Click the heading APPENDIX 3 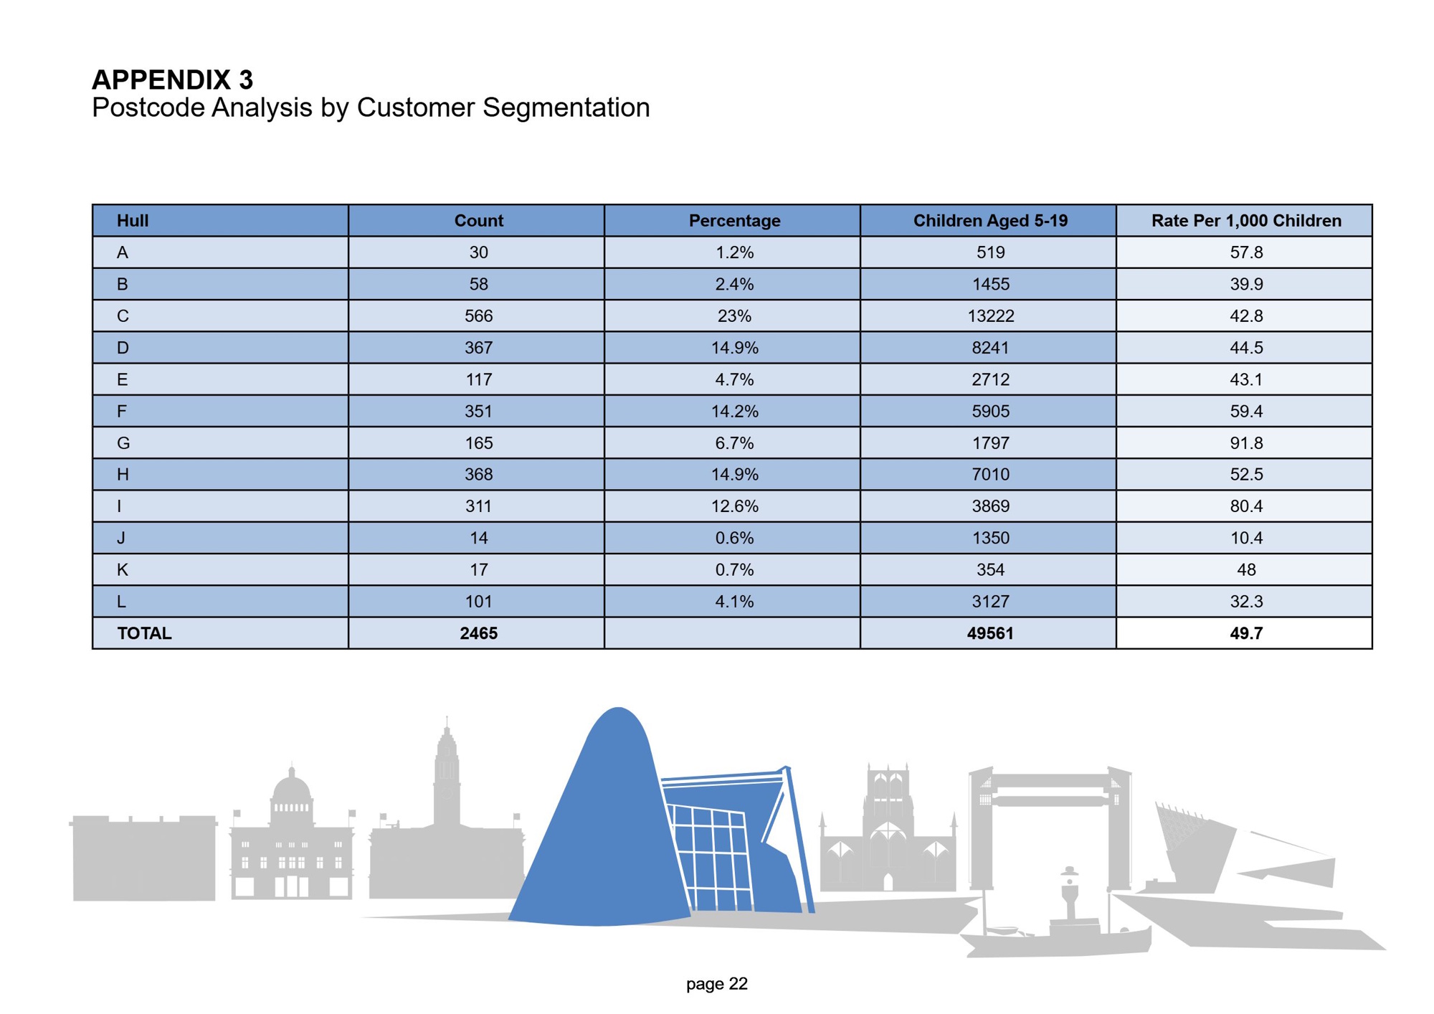[x=172, y=80]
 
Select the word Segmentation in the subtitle [x=566, y=108]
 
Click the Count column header [x=478, y=221]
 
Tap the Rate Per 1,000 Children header [x=1245, y=221]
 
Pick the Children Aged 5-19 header [x=989, y=221]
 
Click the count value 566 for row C [x=478, y=316]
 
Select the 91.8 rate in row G [x=1245, y=443]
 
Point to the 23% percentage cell [x=734, y=316]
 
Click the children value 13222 [x=989, y=316]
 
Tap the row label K [x=123, y=570]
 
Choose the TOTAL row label [x=144, y=634]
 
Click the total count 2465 [x=478, y=634]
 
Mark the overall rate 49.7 [x=1245, y=634]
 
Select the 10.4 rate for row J [x=1245, y=539]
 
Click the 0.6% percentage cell [x=734, y=539]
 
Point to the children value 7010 [x=989, y=475]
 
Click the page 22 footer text [x=716, y=984]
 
